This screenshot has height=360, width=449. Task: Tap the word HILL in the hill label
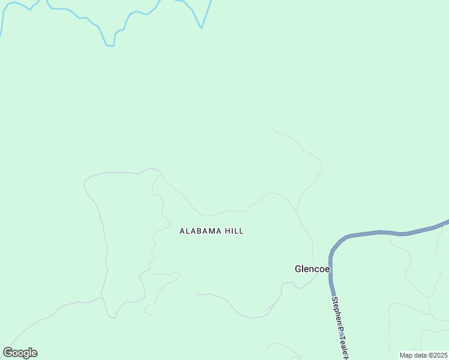[234, 231]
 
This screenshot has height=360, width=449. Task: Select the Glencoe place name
[312, 269]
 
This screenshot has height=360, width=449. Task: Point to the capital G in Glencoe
[298, 269]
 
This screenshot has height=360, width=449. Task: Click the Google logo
[20, 353]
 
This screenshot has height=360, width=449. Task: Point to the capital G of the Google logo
[8, 353]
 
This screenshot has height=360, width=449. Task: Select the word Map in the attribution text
[406, 355]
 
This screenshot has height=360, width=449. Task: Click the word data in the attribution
[421, 355]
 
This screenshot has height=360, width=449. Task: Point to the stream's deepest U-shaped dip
[109, 45]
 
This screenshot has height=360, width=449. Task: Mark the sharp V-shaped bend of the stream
[202, 28]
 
